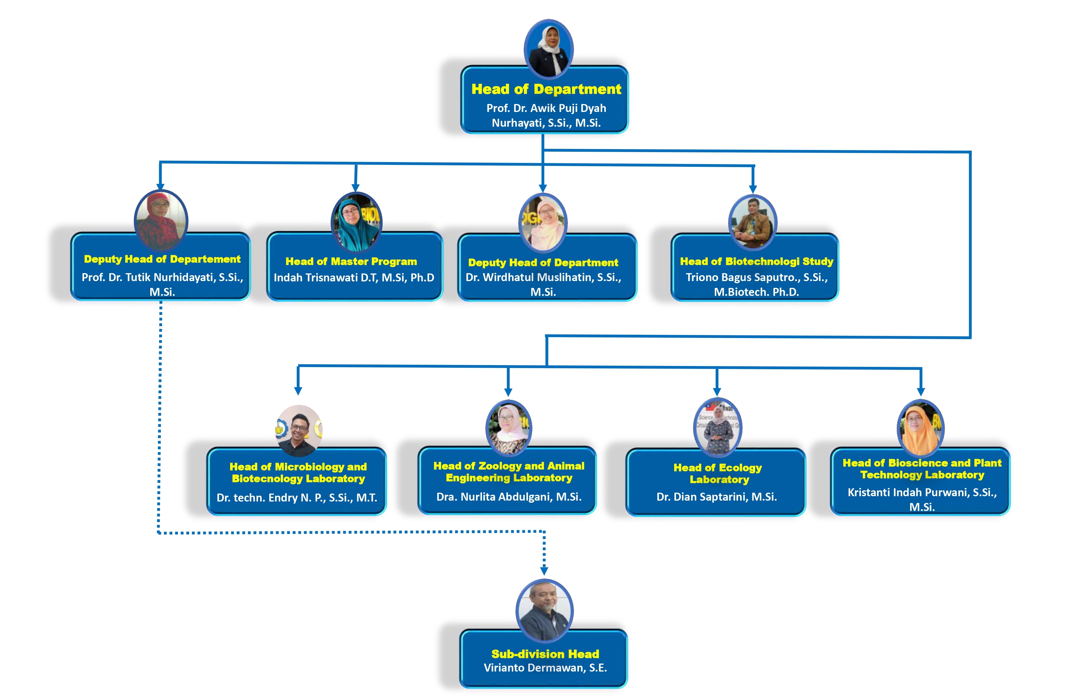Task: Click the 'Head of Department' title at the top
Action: pos(546,89)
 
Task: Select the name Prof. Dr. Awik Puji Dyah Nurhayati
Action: pos(546,115)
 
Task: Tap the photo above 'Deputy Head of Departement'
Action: pos(161,220)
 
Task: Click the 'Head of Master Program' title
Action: pos(351,261)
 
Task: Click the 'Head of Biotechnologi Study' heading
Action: pos(756,261)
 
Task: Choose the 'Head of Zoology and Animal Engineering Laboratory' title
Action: pos(509,472)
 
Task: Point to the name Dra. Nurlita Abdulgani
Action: pos(509,497)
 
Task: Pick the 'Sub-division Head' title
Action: pos(545,654)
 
